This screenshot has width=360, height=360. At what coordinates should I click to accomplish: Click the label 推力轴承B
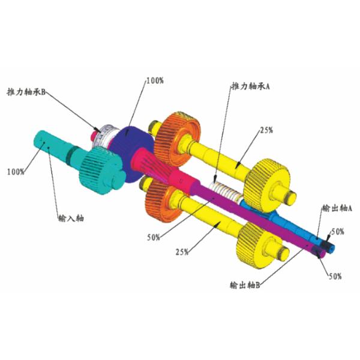click(26, 92)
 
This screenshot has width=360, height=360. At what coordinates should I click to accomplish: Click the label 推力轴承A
click(250, 86)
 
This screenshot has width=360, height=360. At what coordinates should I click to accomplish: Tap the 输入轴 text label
click(71, 218)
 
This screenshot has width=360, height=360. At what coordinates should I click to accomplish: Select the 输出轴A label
click(337, 208)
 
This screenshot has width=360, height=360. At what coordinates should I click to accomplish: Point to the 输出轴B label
click(245, 285)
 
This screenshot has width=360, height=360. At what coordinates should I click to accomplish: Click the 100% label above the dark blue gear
click(155, 80)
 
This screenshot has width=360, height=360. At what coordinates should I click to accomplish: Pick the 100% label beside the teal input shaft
click(16, 172)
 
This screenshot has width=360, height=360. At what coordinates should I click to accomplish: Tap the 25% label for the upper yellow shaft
click(266, 130)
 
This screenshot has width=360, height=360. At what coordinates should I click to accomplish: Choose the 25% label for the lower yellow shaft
click(182, 252)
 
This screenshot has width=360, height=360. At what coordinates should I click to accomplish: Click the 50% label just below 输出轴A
click(337, 232)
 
